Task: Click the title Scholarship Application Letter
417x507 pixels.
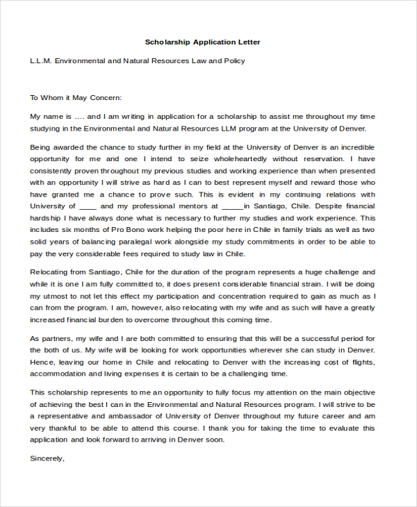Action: coord(202,42)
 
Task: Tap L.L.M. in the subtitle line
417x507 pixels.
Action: coord(42,61)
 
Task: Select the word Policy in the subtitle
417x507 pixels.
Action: coord(233,61)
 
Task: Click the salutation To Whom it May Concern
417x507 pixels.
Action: coord(76,98)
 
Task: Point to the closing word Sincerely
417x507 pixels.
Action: coord(47,458)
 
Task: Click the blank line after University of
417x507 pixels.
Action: coord(88,206)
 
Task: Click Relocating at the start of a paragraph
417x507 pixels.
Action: coord(51,272)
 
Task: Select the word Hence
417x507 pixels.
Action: coord(42,362)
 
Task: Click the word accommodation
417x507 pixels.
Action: coord(60,374)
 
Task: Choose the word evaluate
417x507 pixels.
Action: coord(358,428)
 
